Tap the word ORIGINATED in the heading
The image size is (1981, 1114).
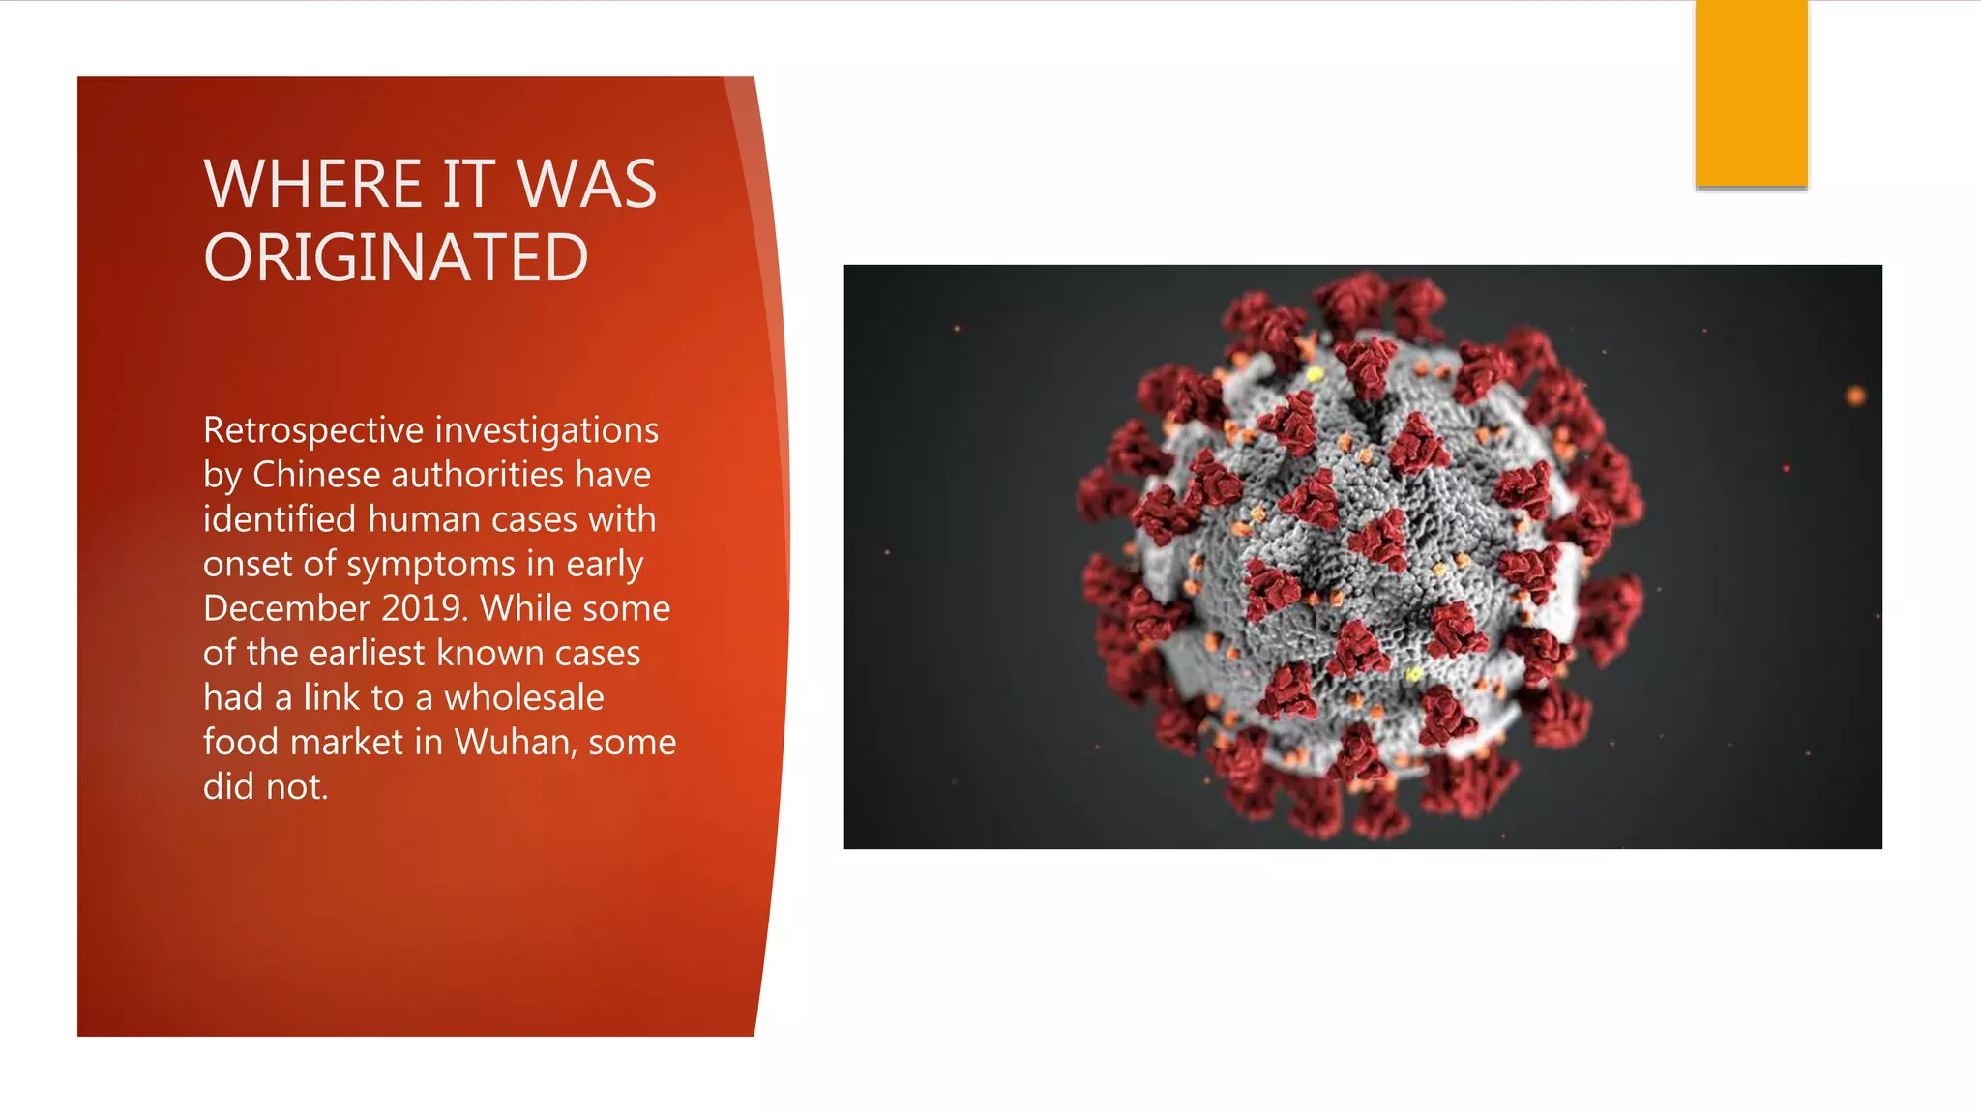click(396, 258)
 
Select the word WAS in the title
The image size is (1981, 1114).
click(586, 184)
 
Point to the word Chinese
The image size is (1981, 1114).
click(311, 475)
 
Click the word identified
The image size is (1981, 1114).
click(280, 519)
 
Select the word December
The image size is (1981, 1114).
click(286, 608)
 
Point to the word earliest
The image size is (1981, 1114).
click(367, 653)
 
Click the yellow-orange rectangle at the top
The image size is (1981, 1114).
click(1751, 93)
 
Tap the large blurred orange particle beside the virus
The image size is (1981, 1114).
click(1855, 395)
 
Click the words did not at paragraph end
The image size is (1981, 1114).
click(265, 787)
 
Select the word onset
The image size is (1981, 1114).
click(247, 564)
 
